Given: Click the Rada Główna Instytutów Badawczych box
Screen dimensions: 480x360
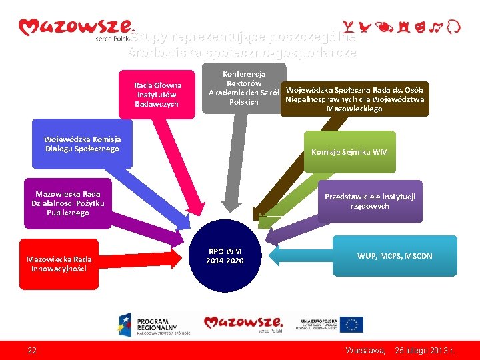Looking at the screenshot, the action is tap(157, 94).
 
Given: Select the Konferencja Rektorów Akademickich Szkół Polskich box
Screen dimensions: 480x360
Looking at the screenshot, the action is tap(243, 88).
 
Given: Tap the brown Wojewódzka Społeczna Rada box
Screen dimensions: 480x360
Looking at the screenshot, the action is tap(354, 99).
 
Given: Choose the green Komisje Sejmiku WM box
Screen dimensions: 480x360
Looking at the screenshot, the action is tap(349, 152).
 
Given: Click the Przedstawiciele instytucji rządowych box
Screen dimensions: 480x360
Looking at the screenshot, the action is tap(370, 201).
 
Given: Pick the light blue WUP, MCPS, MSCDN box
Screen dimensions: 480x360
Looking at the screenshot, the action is tap(395, 255).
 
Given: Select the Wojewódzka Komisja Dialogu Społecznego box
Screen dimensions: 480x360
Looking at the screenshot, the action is tap(83, 144).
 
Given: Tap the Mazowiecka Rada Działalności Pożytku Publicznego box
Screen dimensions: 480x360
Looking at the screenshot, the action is tap(68, 203).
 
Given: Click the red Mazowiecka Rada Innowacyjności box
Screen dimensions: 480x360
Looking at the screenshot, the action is tap(59, 263).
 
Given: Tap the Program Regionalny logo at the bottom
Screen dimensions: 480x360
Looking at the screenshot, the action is tap(155, 323).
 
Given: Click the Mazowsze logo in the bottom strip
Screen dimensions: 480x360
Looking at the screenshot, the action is tap(243, 323).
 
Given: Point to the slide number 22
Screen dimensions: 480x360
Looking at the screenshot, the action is tap(32, 350).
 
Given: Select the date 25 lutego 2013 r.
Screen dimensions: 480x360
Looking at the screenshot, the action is tap(425, 350).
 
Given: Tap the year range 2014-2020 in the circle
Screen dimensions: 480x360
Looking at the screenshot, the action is tap(225, 260).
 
